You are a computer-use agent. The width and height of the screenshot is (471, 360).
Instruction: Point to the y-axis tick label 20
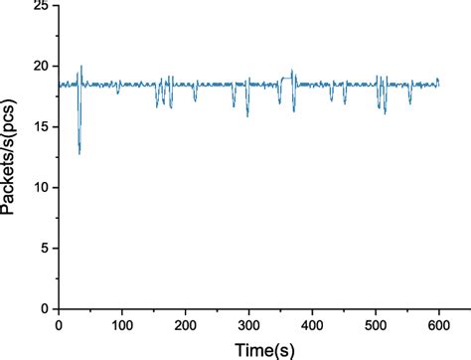(41, 67)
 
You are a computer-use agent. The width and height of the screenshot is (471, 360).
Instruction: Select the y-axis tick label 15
(41, 127)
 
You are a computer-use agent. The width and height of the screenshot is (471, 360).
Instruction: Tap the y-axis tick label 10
(41, 188)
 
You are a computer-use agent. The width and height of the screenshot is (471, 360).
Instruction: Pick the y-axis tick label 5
(45, 249)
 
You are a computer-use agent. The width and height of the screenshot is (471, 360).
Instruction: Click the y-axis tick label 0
(45, 309)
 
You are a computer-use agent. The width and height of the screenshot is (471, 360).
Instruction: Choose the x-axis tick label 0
(59, 324)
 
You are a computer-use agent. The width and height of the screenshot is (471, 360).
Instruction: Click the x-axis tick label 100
(122, 324)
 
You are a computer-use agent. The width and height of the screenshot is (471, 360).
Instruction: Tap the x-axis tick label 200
(186, 324)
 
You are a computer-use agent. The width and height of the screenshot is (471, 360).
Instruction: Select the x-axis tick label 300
(249, 324)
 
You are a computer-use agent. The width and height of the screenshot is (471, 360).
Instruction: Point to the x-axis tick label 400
(313, 324)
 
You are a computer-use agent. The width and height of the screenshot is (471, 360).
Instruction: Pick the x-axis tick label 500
(376, 324)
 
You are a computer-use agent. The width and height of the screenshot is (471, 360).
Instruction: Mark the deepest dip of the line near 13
(79, 153)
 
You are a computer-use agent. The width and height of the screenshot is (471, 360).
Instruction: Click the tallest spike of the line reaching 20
(80, 67)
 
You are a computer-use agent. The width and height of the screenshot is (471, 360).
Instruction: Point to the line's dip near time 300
(247, 115)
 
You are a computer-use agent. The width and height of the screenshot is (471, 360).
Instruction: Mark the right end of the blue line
(438, 84)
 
